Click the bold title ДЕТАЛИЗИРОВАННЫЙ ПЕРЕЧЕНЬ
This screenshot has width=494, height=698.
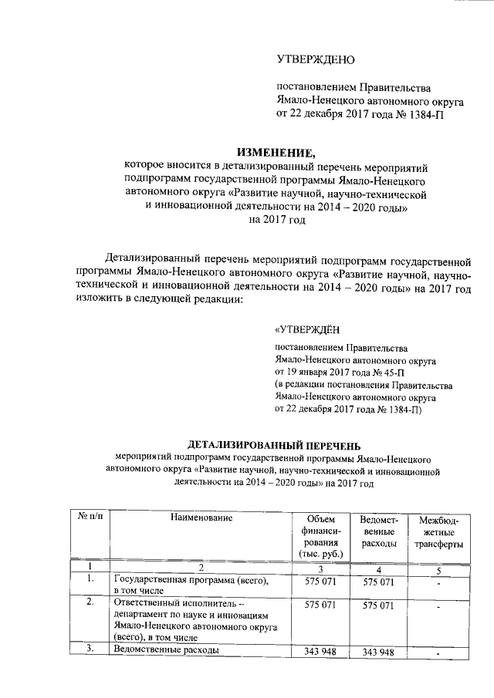[x=276, y=445]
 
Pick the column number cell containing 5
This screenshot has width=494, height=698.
[x=438, y=569]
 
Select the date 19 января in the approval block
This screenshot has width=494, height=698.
[x=315, y=373]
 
